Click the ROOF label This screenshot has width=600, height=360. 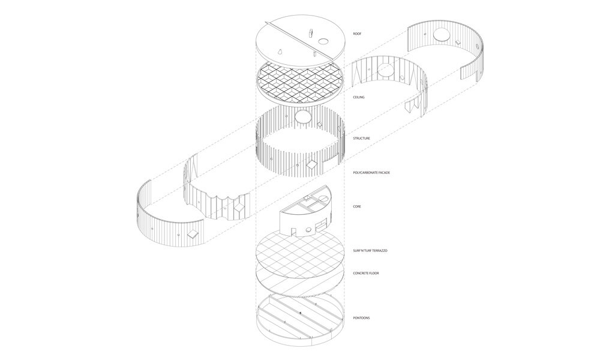[x=357, y=34]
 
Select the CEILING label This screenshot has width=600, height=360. [x=359, y=97]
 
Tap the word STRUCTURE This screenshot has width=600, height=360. [x=361, y=138]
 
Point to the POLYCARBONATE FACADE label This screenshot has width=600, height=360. [x=371, y=173]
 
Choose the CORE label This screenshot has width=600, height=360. [x=357, y=206]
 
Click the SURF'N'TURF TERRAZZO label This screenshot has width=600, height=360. [x=370, y=251]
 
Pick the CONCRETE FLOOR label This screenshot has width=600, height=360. [x=366, y=273]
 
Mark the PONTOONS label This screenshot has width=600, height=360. [x=361, y=318]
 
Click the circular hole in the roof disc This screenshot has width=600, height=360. [x=324, y=41]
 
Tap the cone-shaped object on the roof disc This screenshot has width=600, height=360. [x=280, y=51]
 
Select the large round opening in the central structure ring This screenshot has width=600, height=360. [x=302, y=116]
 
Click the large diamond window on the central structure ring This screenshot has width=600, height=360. [x=313, y=165]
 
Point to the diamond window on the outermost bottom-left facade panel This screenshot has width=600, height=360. [x=192, y=234]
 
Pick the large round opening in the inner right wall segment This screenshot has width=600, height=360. [x=386, y=70]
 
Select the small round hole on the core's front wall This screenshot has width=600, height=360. [x=308, y=230]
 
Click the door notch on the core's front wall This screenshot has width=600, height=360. [x=293, y=232]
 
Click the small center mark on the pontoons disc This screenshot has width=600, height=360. [x=301, y=313]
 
